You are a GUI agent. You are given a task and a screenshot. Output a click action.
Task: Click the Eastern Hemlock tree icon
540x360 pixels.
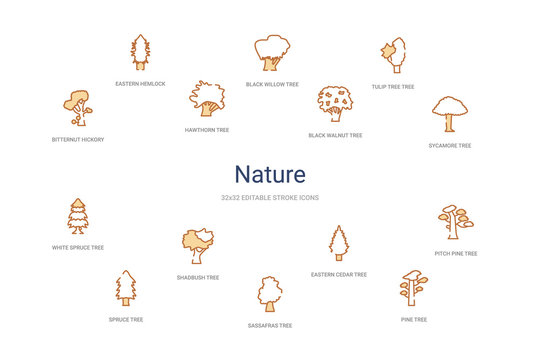140,52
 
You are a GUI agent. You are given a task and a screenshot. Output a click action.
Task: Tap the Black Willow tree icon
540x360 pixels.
271,52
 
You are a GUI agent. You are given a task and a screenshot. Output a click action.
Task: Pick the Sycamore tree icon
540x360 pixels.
449,114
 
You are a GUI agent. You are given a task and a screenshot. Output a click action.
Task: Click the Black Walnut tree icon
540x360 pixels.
335,103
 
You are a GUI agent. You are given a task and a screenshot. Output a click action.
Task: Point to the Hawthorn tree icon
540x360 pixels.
207,99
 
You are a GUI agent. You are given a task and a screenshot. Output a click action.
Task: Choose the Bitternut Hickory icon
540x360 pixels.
77,107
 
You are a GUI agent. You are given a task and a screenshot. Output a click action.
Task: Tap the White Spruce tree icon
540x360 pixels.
77,215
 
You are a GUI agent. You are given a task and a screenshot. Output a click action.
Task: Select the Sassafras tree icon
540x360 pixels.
270,293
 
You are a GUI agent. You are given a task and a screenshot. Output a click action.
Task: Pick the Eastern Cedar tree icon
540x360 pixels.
339,243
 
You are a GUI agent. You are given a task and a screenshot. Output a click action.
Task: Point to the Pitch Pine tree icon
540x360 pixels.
456,222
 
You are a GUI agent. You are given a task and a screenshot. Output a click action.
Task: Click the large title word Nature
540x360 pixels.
269,175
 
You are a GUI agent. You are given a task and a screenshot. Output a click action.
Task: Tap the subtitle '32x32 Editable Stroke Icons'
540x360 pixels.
269,197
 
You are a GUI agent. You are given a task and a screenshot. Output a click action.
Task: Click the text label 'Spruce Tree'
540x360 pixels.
126,319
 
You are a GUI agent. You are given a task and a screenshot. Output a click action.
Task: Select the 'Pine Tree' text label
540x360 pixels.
414,319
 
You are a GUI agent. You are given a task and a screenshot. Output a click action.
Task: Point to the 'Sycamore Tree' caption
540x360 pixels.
450,145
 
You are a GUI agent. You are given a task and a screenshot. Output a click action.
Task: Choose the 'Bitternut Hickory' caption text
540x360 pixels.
78,139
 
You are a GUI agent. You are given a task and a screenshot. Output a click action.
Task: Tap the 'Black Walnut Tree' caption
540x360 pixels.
335,134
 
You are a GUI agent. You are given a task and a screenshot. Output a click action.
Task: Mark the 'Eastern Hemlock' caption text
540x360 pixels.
140,83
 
